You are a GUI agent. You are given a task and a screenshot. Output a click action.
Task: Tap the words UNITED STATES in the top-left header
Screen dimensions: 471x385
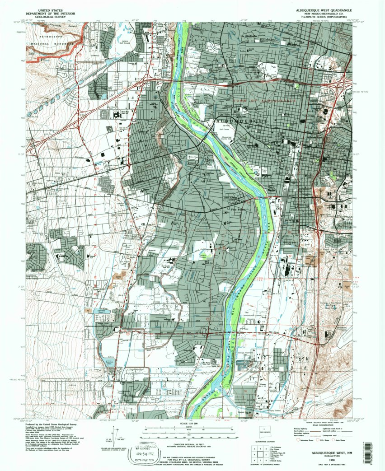50,9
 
